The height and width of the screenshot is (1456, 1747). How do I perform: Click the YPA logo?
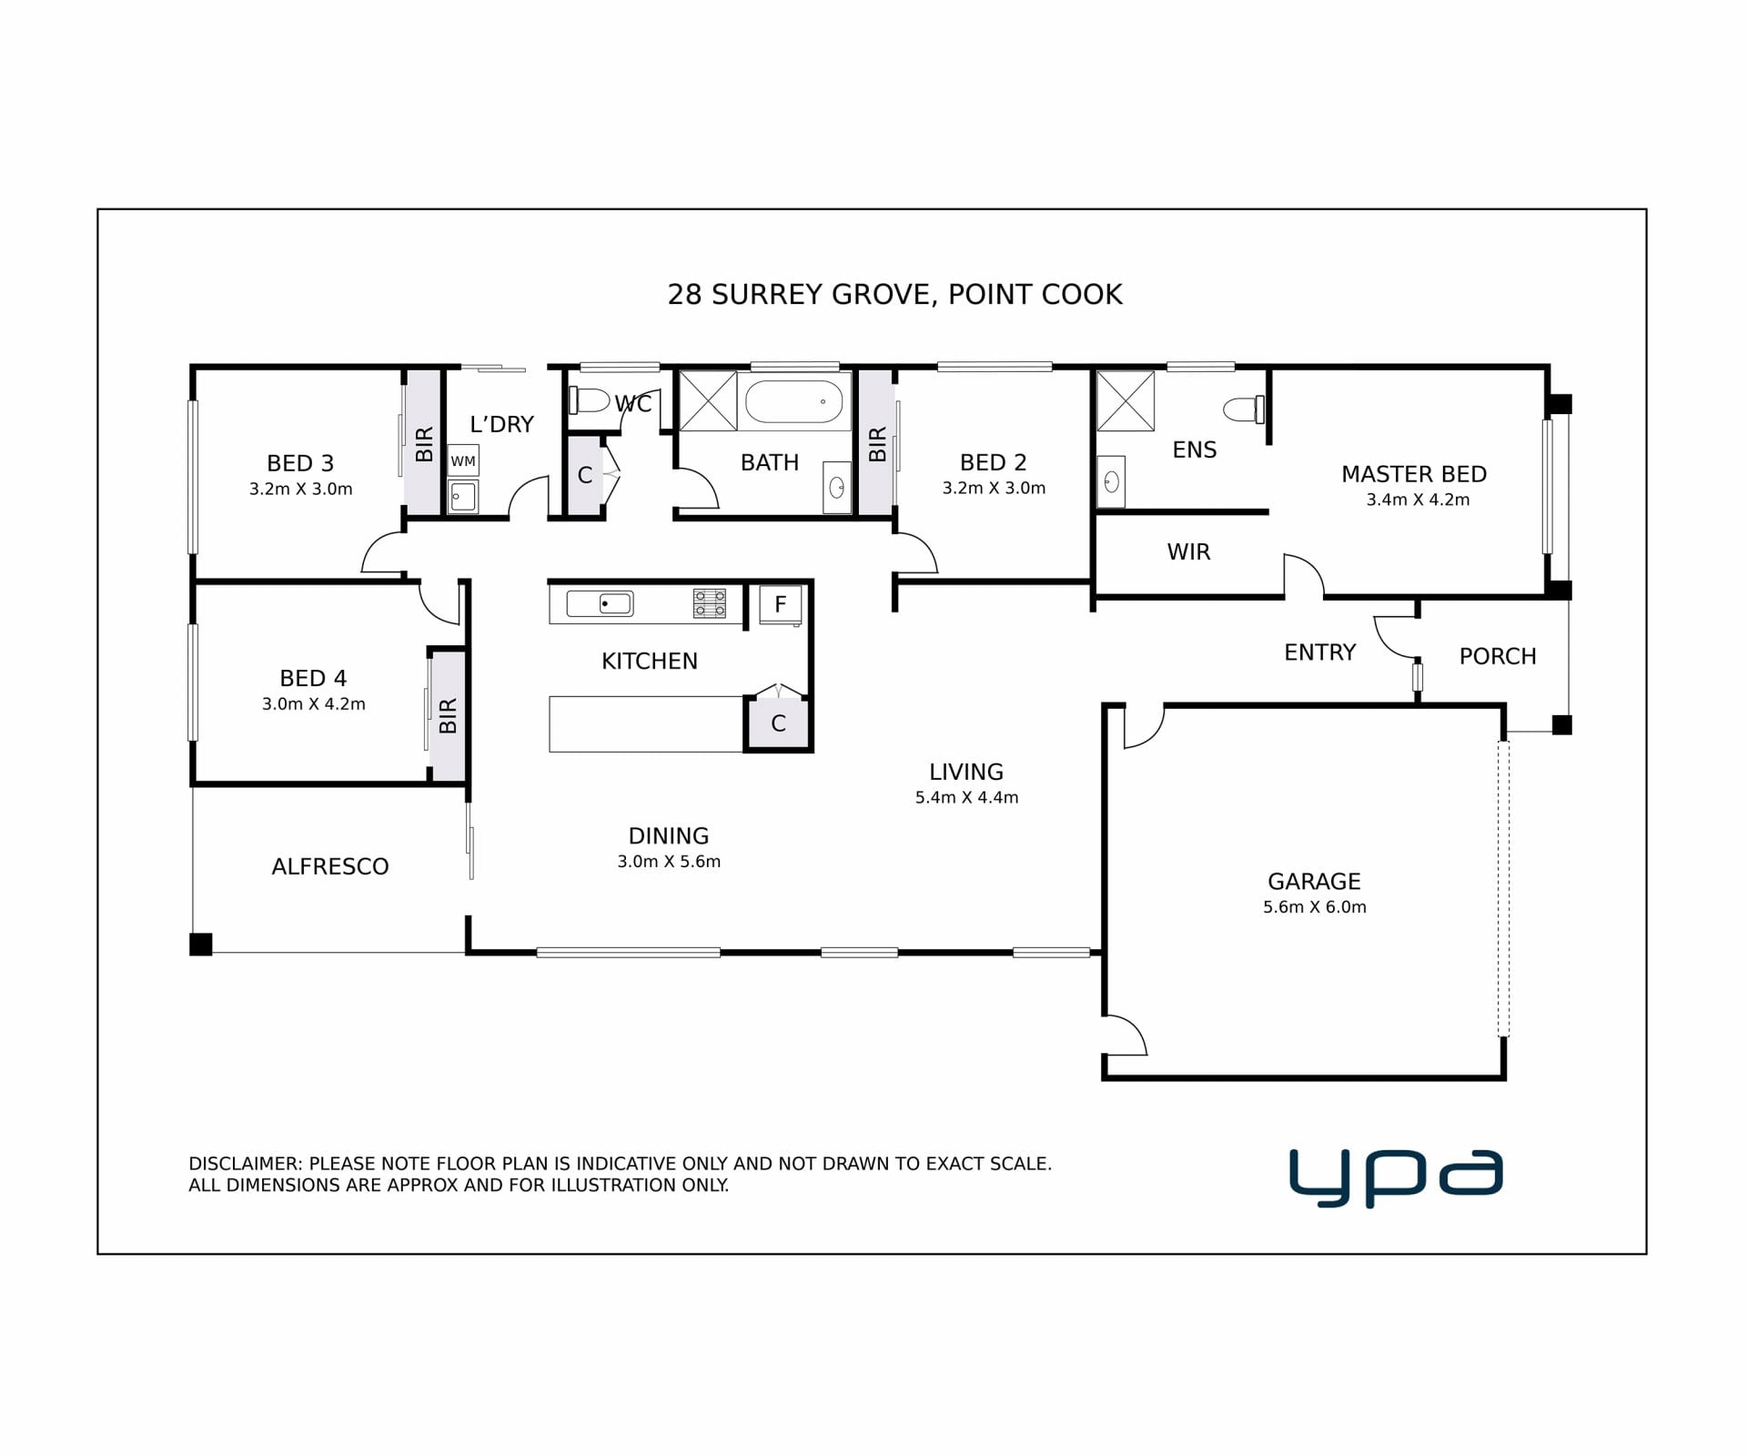tap(1396, 1178)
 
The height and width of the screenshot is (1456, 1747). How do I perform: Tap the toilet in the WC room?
tap(589, 400)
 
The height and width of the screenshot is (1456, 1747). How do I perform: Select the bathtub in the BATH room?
tap(793, 401)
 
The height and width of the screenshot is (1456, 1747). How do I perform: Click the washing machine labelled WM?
tap(463, 460)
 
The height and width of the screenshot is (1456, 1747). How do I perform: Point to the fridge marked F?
tap(781, 604)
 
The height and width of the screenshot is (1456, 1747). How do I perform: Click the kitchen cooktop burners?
tap(710, 603)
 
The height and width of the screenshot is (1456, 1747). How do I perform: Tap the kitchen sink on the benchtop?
tap(600, 603)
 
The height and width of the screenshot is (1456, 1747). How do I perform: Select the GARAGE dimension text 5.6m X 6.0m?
tap(1315, 907)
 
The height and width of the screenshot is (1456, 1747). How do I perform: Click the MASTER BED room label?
tap(1414, 474)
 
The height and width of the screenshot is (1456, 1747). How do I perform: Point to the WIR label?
tap(1189, 552)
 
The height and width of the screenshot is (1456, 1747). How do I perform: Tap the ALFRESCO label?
tap(330, 866)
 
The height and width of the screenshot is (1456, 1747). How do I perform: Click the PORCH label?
tap(1498, 656)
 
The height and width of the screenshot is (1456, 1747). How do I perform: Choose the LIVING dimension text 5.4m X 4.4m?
tap(966, 798)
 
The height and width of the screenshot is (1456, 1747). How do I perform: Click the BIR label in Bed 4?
tap(448, 716)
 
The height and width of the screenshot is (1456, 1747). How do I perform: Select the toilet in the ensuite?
tap(1245, 409)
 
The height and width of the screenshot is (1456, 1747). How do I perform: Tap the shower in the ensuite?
tap(1126, 400)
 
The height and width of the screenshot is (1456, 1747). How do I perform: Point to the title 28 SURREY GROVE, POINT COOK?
tap(895, 295)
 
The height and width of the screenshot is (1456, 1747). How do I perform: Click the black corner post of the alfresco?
tap(201, 945)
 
